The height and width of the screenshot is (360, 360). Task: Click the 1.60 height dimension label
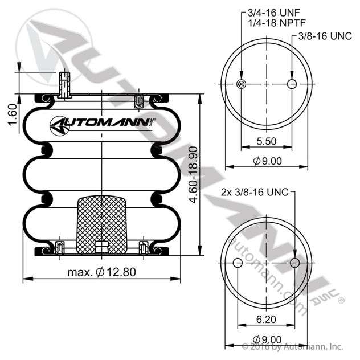point(13,114)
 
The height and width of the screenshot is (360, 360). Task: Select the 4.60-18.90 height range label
point(193,175)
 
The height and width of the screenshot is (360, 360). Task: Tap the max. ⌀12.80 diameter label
point(102,272)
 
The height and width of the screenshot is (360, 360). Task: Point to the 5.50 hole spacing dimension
point(267,141)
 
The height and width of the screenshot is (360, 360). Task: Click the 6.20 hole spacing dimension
point(266,320)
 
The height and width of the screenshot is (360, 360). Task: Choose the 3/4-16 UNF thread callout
point(274,13)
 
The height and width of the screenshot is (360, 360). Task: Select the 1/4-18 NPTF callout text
point(277,23)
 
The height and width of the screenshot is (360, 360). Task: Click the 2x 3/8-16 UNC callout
point(255,192)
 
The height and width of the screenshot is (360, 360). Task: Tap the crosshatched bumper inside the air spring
point(101,225)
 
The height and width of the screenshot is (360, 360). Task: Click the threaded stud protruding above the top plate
point(64,84)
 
